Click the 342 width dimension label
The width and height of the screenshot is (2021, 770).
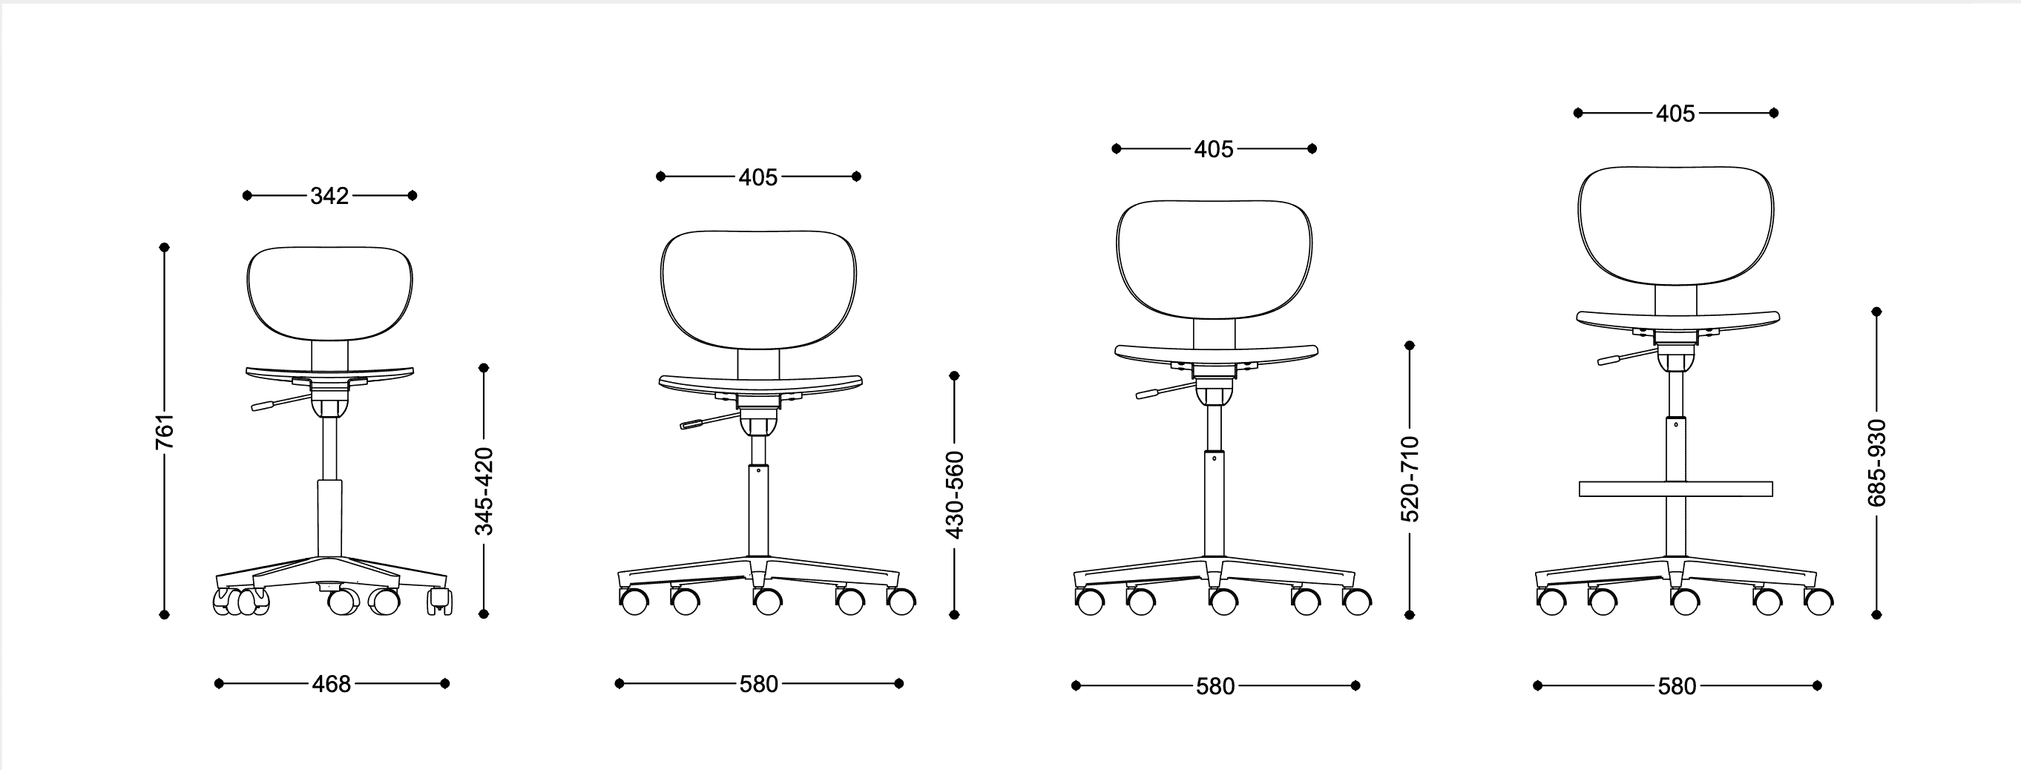click(329, 196)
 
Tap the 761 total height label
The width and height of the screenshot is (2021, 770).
click(165, 431)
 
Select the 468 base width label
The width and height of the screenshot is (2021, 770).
click(331, 685)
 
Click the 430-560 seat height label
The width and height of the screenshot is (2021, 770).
click(955, 496)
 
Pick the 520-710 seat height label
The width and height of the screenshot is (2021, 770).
click(1410, 480)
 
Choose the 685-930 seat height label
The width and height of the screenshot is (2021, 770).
click(1876, 464)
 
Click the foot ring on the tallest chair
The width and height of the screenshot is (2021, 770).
click(1675, 490)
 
